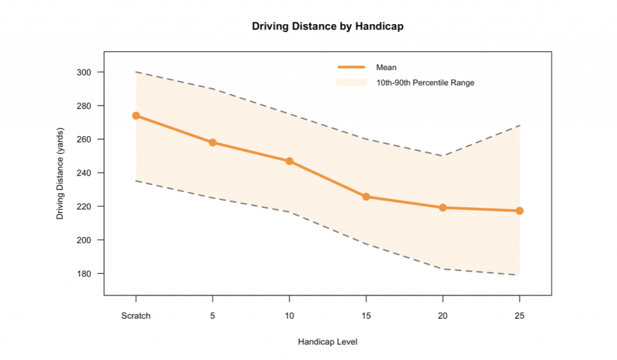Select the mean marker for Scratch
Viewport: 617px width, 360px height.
[x=136, y=115]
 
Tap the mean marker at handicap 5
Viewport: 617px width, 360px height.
[x=213, y=142]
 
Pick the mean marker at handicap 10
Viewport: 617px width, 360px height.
[x=289, y=161]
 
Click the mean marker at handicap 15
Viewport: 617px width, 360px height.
[x=366, y=197]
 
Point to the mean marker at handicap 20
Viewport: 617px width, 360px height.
[x=443, y=207]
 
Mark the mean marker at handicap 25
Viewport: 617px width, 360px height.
[x=519, y=210]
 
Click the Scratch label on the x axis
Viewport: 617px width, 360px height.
[x=136, y=316]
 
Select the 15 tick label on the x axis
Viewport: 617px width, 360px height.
[x=366, y=316]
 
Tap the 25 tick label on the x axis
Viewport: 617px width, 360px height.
[x=519, y=316]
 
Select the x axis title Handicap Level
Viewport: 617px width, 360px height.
[x=328, y=342]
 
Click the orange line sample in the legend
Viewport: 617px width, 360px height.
[x=351, y=68]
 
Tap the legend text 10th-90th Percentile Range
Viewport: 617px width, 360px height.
[x=425, y=83]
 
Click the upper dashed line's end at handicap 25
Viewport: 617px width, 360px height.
[x=519, y=125]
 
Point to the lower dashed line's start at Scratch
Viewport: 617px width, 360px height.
[x=136, y=181]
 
